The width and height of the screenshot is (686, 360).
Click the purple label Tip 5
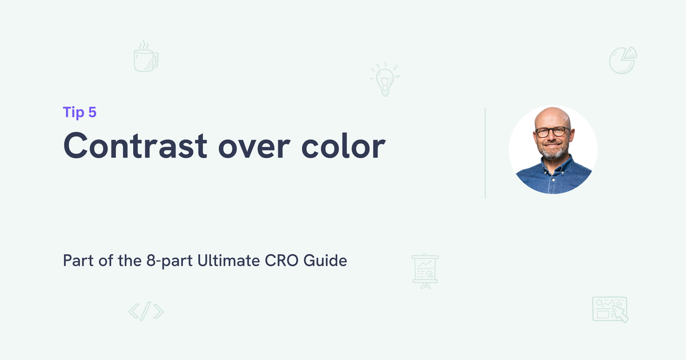tap(79, 113)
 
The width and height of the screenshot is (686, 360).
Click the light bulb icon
tap(385, 79)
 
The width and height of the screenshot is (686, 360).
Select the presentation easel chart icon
tap(425, 271)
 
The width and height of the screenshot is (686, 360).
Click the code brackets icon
tap(146, 311)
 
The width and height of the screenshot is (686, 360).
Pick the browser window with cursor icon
tap(610, 309)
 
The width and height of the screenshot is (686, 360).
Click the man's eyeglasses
tap(552, 132)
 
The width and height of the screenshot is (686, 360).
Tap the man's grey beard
tap(553, 152)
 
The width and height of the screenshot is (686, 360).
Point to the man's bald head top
tap(552, 114)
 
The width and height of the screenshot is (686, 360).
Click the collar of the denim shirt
tap(553, 165)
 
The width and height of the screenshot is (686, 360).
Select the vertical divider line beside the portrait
tap(485, 153)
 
